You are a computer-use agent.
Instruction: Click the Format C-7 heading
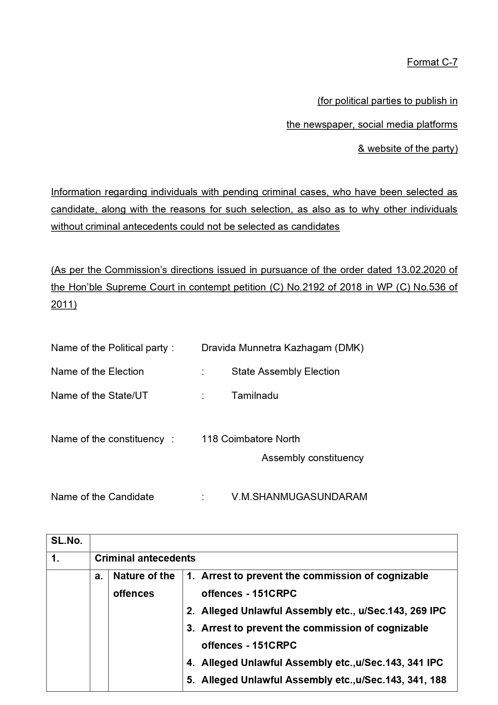(x=432, y=62)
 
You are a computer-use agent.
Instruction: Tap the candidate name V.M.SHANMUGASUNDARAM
(x=299, y=497)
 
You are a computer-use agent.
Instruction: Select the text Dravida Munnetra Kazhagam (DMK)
(x=282, y=348)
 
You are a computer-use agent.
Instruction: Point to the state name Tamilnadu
(x=254, y=396)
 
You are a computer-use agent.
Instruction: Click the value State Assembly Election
(x=285, y=372)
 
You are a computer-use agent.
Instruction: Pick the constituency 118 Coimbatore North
(x=250, y=439)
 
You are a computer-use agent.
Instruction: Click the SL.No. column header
(x=67, y=541)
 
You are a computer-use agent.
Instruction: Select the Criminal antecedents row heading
(x=145, y=558)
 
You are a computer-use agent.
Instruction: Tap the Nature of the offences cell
(x=144, y=584)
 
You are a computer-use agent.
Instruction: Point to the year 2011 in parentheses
(x=63, y=304)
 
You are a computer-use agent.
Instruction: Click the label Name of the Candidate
(x=102, y=497)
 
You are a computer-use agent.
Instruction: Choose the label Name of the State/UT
(x=99, y=396)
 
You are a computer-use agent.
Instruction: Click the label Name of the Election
(x=97, y=372)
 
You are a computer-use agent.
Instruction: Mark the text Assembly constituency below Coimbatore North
(x=312, y=458)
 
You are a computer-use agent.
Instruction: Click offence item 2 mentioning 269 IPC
(x=323, y=611)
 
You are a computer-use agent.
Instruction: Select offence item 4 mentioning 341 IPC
(x=322, y=663)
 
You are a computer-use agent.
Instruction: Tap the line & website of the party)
(x=407, y=149)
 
